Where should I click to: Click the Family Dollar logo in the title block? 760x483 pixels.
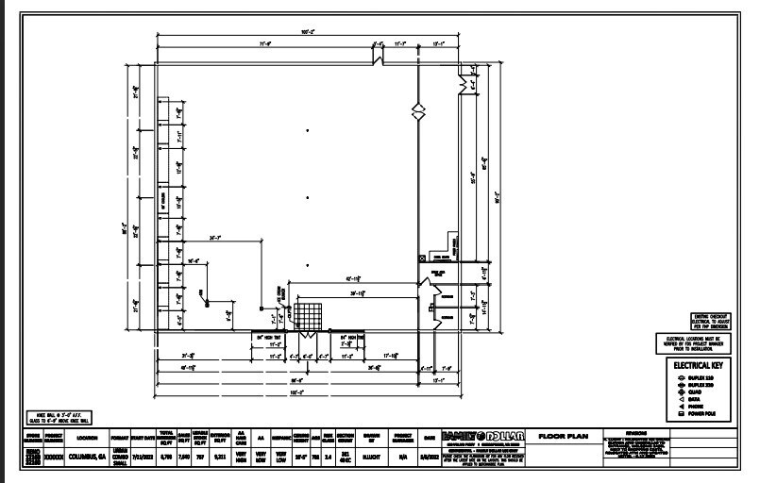point(481,436)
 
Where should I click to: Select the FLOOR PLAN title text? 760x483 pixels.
point(564,437)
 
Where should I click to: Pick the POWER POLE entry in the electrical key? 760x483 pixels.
point(703,412)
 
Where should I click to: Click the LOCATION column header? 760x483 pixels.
point(87,438)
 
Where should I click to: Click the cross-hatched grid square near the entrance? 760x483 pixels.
point(307,315)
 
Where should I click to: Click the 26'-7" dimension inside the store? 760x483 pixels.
point(216,238)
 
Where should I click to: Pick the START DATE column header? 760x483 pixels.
point(143,438)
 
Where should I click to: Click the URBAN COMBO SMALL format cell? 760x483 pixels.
point(119,456)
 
